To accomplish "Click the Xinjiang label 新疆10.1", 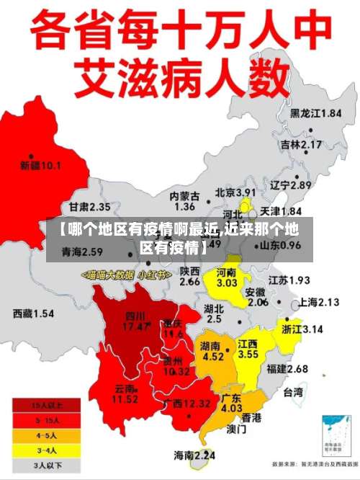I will tap(40, 166).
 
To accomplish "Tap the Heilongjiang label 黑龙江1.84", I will tap(315, 113).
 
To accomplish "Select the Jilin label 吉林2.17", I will tap(300, 144).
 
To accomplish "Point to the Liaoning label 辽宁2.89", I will tap(290, 185).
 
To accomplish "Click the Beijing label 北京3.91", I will tap(235, 193).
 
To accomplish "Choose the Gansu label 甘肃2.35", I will tap(84, 207).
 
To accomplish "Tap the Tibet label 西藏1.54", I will tap(33, 314).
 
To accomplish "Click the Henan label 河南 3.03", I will tap(227, 278).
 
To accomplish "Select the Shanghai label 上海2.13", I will tap(318, 302).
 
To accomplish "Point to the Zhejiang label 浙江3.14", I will tap(302, 329).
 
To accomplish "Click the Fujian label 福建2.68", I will tap(287, 369).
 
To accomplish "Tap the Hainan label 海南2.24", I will tap(194, 455).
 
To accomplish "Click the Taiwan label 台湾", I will tap(292, 394).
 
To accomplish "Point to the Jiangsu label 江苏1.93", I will tap(289, 280).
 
